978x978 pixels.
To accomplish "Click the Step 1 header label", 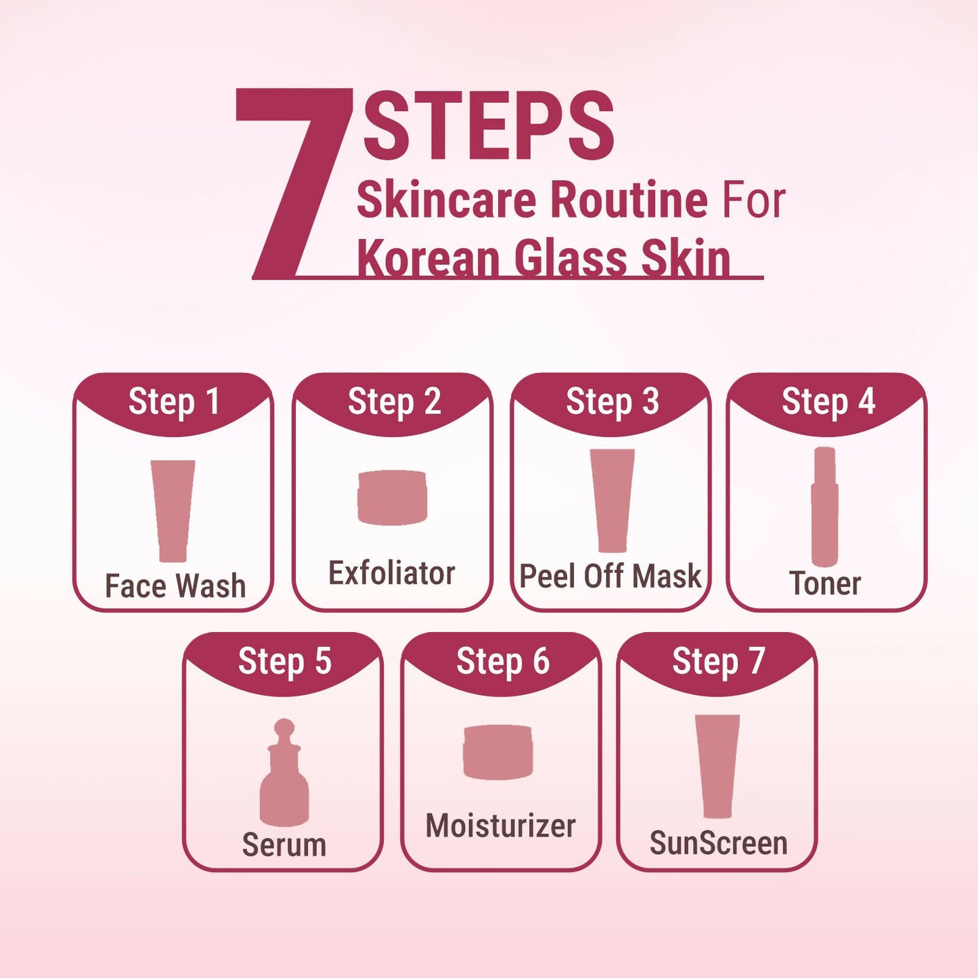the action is [x=173, y=402].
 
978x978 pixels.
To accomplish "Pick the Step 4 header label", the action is [x=828, y=402].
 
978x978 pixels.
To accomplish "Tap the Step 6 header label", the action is [x=502, y=661].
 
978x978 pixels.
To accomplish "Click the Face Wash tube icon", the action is [x=173, y=510].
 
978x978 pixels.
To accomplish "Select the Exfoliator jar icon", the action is [x=393, y=497].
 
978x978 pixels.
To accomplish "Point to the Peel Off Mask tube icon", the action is [x=613, y=500].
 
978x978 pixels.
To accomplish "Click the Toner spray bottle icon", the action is [x=825, y=506].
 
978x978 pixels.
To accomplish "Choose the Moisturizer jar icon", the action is [x=498, y=752].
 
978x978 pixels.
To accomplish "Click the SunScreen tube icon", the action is [x=717, y=766].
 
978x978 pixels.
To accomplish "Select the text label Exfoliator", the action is [x=392, y=573].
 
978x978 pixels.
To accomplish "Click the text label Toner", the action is [x=825, y=583].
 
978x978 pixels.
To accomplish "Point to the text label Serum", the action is [x=284, y=845].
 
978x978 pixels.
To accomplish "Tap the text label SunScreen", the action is [x=718, y=843].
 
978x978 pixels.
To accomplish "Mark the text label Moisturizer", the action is [x=500, y=826].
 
